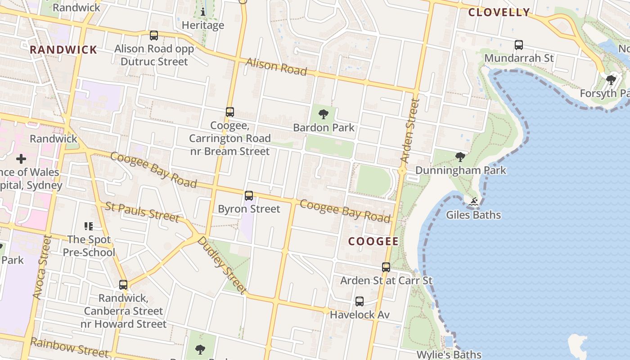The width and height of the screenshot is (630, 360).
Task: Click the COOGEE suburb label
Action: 373,242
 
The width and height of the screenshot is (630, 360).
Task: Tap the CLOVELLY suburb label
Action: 499,12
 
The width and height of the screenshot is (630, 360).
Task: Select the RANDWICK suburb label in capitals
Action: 63,50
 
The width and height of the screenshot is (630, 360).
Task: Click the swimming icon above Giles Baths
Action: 473,202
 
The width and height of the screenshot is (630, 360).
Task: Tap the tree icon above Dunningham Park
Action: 460,157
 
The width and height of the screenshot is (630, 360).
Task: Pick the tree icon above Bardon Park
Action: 323,114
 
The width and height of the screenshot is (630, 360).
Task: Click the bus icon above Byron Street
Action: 249,196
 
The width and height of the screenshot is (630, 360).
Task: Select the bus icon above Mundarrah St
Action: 519,45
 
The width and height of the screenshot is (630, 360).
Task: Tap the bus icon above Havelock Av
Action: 359,301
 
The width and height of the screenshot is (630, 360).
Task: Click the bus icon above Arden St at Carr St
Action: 386,267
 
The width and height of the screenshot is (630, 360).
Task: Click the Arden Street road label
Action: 409,130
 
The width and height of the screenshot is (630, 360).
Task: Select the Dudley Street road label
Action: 222,265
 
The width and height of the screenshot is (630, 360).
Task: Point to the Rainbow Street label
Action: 69,348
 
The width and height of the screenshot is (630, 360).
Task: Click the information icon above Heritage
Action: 203,12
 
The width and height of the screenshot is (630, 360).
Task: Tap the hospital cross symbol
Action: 21,158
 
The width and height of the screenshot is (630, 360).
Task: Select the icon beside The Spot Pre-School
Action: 88,226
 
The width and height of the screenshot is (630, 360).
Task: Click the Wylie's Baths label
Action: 449,355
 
